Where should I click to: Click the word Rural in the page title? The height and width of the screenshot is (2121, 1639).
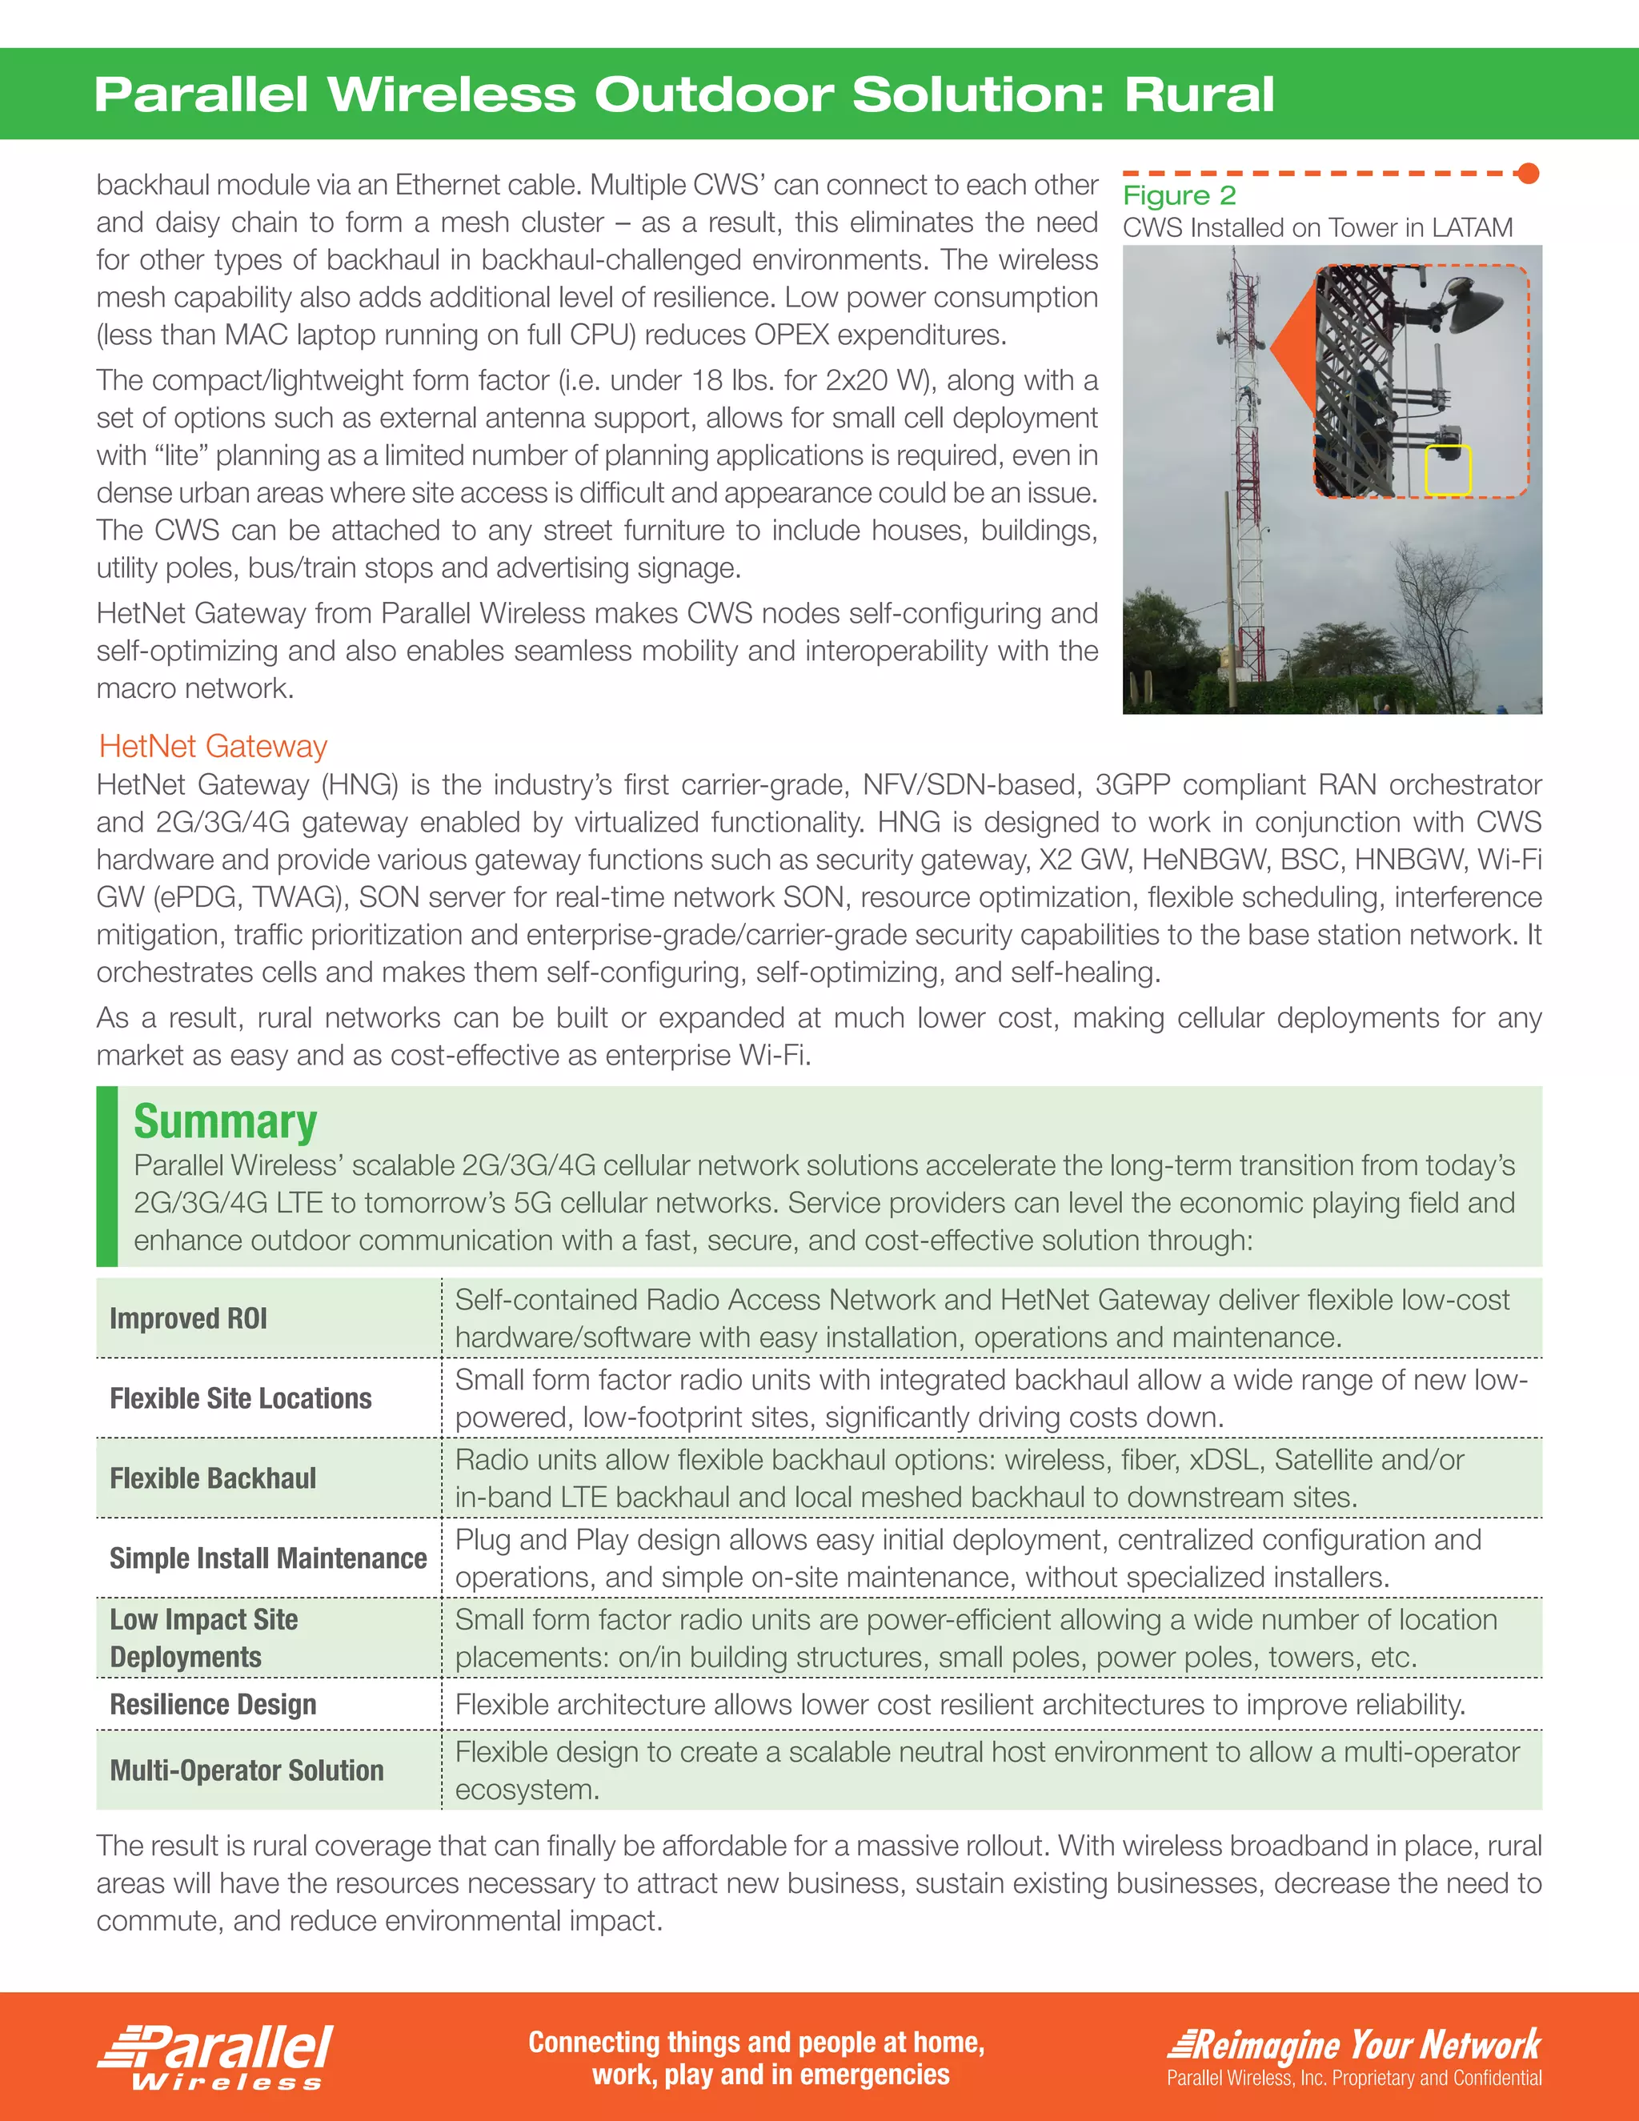click(x=1198, y=95)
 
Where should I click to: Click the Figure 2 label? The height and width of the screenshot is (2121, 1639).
click(x=1179, y=195)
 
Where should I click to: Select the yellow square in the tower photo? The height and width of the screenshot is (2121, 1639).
click(x=1448, y=470)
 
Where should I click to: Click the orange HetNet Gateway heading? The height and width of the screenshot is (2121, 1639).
click(x=213, y=746)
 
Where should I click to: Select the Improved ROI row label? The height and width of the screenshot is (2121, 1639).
click(x=188, y=1318)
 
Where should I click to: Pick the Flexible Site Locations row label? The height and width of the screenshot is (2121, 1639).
click(x=241, y=1397)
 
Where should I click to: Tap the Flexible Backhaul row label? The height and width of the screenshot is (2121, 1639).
click(x=213, y=1478)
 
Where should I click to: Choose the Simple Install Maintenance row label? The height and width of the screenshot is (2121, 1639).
click(x=268, y=1558)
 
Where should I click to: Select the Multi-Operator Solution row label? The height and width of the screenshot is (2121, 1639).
click(x=246, y=1770)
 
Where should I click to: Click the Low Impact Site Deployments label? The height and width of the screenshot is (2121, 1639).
click(x=204, y=1638)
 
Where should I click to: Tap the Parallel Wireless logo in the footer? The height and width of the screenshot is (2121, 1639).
click(x=215, y=2056)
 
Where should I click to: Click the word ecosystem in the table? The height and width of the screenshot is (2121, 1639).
click(x=527, y=1790)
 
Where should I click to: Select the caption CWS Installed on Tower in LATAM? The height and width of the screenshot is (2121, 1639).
click(x=1317, y=228)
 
